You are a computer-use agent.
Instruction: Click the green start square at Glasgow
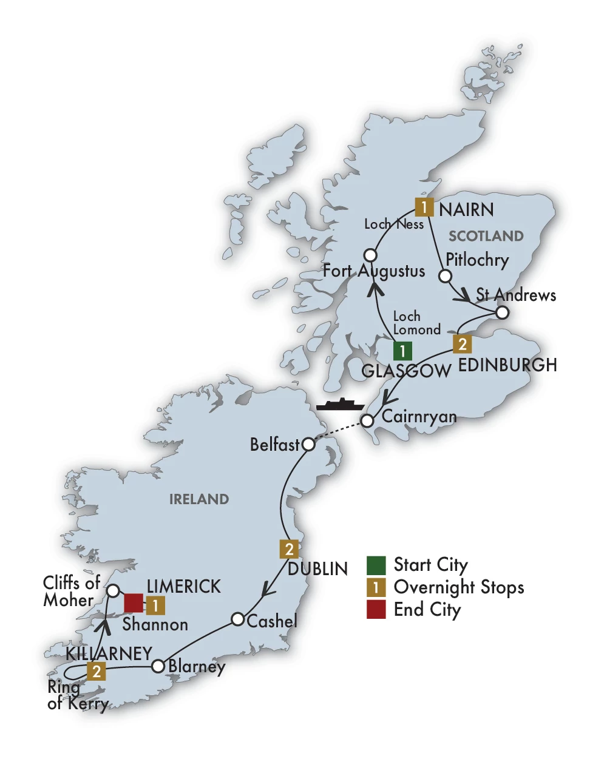pyautogui.click(x=402, y=351)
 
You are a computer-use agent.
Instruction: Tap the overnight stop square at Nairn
pyautogui.click(x=424, y=207)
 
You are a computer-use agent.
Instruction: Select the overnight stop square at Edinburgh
pyautogui.click(x=463, y=344)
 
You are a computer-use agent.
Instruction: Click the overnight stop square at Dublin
pyautogui.click(x=290, y=549)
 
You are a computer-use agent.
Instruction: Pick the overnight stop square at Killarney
pyautogui.click(x=97, y=672)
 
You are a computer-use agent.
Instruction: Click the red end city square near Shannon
pyautogui.click(x=134, y=604)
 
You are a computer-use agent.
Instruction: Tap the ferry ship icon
pyautogui.click(x=339, y=405)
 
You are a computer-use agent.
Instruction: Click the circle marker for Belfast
pyautogui.click(x=308, y=445)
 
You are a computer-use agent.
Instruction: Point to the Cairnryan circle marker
pyautogui.click(x=367, y=420)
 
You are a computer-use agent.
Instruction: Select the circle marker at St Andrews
pyautogui.click(x=502, y=313)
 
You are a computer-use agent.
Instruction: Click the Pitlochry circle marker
pyautogui.click(x=445, y=276)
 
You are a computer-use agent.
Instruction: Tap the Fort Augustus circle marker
pyautogui.click(x=370, y=255)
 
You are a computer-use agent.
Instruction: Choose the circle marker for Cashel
pyautogui.click(x=238, y=619)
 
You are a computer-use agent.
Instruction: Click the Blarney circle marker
pyautogui.click(x=158, y=666)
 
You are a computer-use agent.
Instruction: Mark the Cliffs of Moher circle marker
pyautogui.click(x=113, y=590)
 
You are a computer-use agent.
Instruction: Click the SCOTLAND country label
pyautogui.click(x=486, y=236)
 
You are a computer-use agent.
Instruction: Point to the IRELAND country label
pyautogui.click(x=199, y=499)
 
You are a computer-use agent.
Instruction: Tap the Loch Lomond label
pyautogui.click(x=416, y=323)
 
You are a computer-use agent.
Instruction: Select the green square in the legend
pyautogui.click(x=376, y=565)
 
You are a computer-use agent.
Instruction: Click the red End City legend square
pyautogui.click(x=376, y=609)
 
